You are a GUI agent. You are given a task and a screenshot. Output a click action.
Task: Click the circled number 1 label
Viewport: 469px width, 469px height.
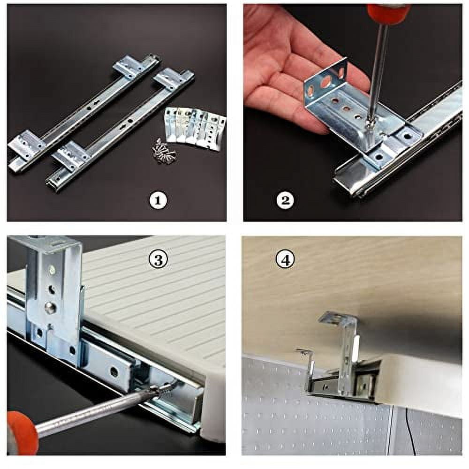[x=158, y=201]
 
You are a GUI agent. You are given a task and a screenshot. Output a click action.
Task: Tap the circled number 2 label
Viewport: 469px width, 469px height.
[x=285, y=201]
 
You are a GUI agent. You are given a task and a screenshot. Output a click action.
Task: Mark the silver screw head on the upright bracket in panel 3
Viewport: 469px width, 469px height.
[x=49, y=307]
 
